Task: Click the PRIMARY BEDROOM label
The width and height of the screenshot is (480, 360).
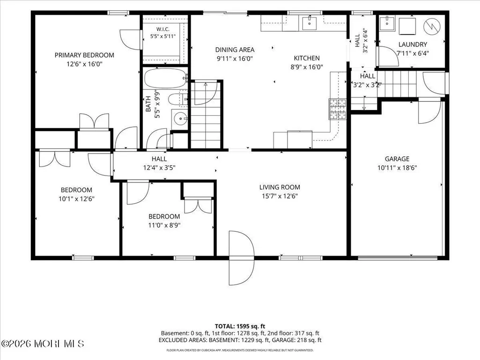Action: (84, 55)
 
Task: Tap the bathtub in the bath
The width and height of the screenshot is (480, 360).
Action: (165, 78)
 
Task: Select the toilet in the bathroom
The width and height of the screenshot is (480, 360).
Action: (178, 99)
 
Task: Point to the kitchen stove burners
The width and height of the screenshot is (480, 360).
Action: (338, 109)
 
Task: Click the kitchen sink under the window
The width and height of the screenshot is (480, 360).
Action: (310, 23)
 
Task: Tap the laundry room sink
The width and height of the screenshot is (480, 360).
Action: (387, 23)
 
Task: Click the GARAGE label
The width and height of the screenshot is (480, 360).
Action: (397, 159)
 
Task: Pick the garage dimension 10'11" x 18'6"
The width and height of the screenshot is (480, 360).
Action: (397, 168)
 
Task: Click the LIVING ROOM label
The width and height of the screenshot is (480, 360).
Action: (280, 187)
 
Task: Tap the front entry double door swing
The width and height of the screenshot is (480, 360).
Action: (241, 258)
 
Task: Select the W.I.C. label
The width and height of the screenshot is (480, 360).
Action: (163, 29)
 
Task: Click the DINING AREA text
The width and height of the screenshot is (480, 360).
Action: (235, 50)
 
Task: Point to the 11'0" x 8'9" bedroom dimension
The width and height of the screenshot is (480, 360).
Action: (164, 225)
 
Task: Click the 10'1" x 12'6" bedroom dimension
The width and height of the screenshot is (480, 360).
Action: (76, 198)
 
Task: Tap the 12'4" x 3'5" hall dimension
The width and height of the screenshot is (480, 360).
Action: (159, 168)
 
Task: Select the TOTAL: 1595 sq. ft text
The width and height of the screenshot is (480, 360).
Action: (240, 326)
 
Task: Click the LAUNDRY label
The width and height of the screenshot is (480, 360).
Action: (413, 44)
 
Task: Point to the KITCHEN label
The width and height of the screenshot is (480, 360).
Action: (307, 58)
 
